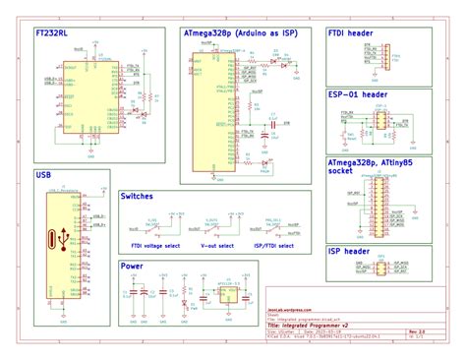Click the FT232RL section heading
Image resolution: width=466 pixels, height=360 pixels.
point(51,33)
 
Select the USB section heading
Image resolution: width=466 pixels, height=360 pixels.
point(42,176)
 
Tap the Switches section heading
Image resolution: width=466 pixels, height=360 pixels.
point(137,197)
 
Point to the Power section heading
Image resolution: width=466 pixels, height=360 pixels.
point(131,266)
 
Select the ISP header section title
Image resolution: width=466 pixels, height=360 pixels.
point(348,252)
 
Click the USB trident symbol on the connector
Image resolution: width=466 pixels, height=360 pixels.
point(64,236)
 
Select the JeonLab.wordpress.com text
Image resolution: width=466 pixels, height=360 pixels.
point(290,308)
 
